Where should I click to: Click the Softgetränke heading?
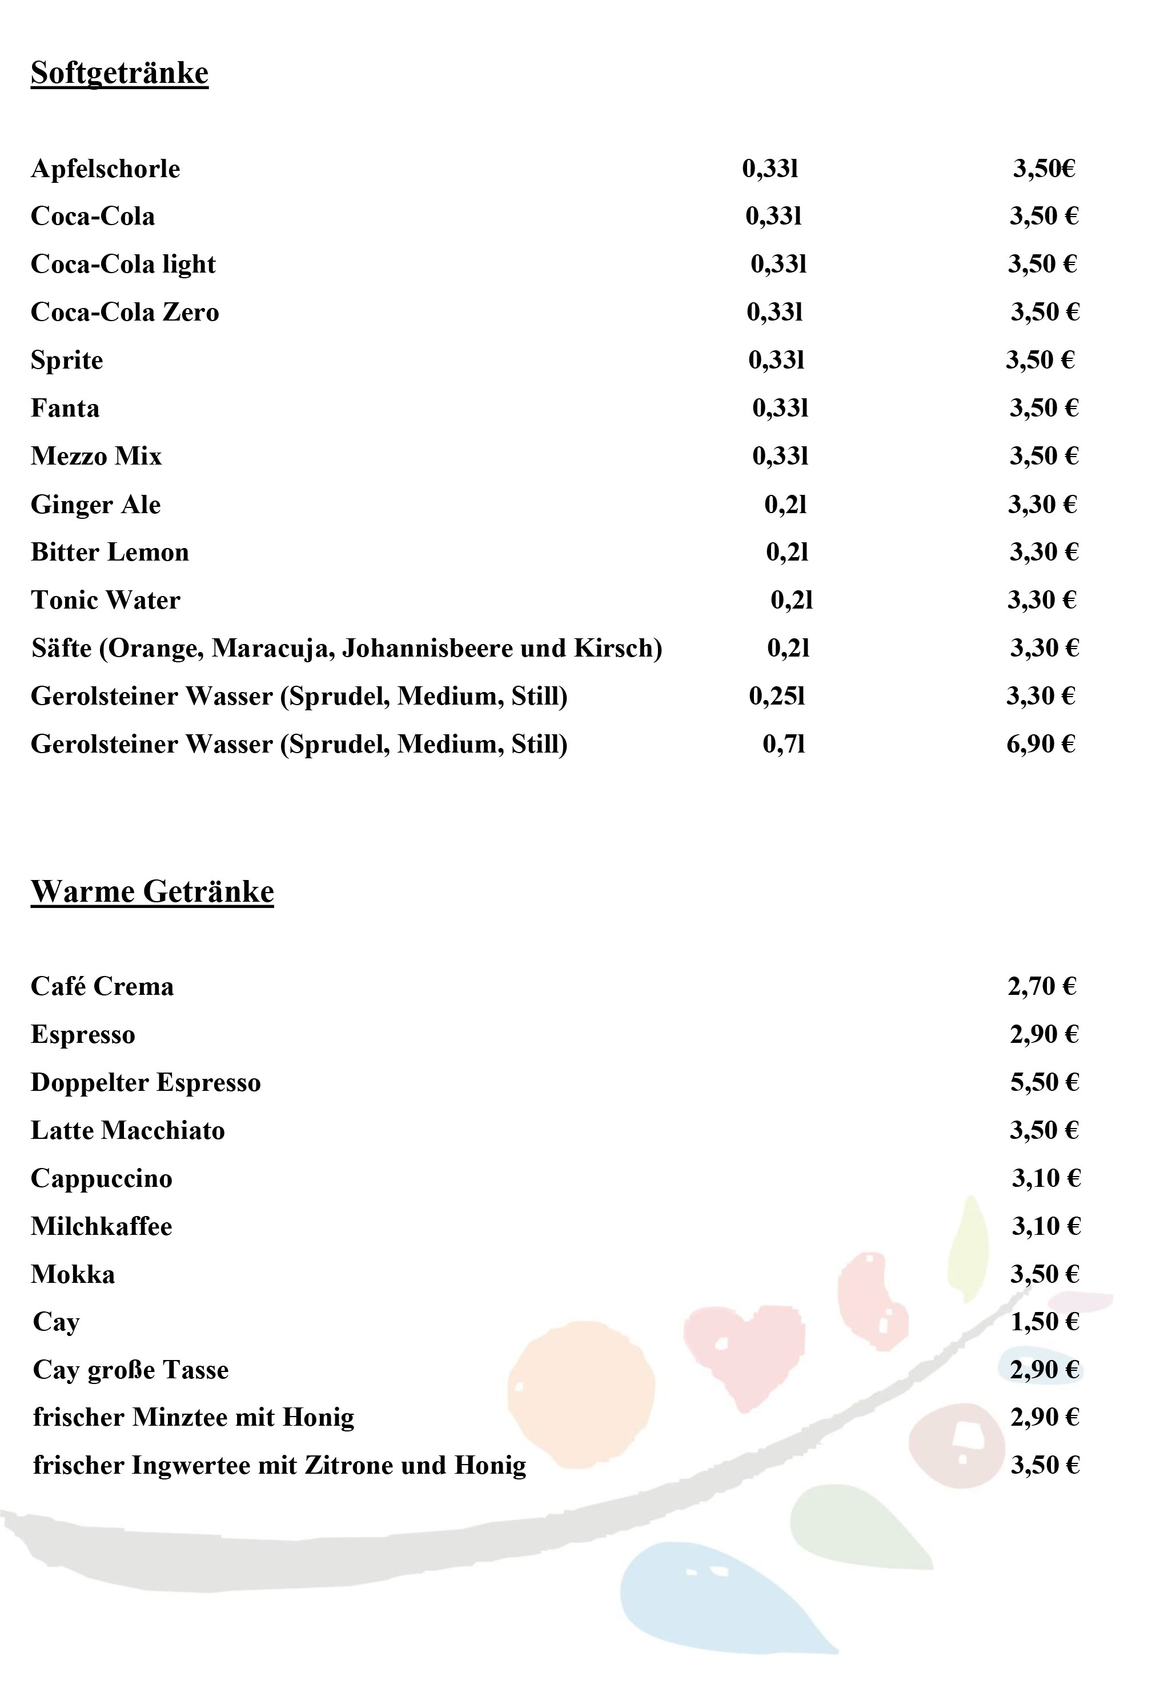pos(119,73)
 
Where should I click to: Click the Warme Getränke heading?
pos(152,892)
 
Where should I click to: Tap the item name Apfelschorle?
pos(105,169)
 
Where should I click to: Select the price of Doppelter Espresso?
pos(1044,1082)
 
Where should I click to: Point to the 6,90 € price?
pos(1041,745)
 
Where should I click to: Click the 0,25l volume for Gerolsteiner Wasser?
pos(777,696)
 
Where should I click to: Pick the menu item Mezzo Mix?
pos(95,456)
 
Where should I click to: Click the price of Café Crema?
pos(1042,987)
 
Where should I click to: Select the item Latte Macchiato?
pos(128,1130)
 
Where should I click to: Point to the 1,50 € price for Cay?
pos(1044,1322)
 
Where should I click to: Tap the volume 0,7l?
pos(784,745)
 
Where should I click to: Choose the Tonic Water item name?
pos(105,600)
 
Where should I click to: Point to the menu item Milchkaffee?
pos(102,1226)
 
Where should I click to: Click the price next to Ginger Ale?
pos(1042,504)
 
